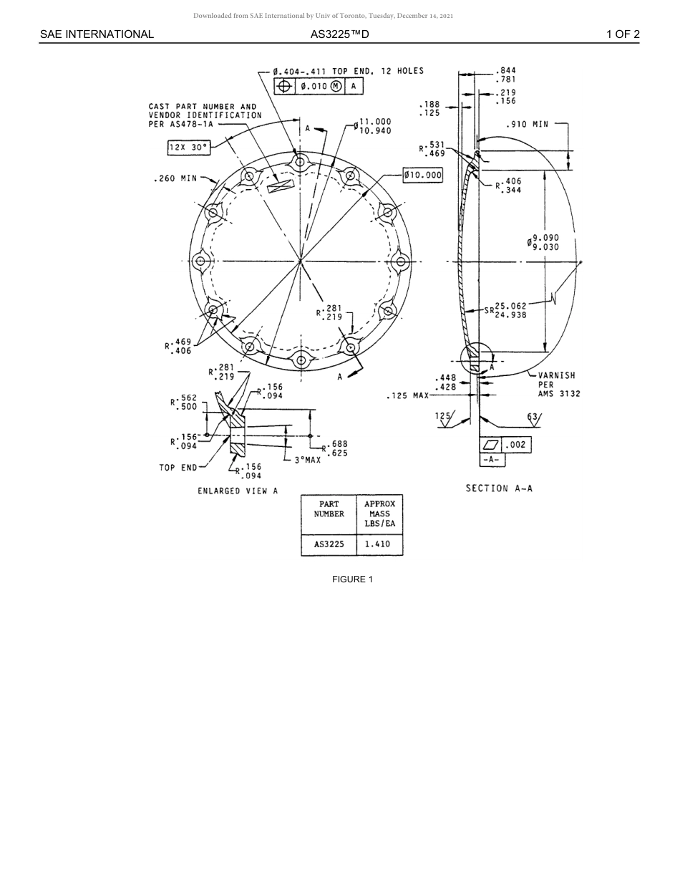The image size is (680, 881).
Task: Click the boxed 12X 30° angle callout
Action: pyautogui.click(x=189, y=148)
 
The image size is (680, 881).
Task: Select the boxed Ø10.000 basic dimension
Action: pyautogui.click(x=422, y=175)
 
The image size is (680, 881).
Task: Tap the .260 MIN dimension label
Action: pyautogui.click(x=175, y=178)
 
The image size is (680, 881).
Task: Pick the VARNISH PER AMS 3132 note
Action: pyautogui.click(x=556, y=385)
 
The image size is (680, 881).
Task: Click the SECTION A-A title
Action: pyautogui.click(x=499, y=488)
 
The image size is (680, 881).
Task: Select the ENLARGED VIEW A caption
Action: pyautogui.click(x=238, y=491)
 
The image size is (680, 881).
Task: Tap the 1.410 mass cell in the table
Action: pyautogui.click(x=377, y=544)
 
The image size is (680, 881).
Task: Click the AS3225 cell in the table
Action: pyautogui.click(x=329, y=544)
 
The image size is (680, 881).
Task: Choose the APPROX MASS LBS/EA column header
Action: pyautogui.click(x=379, y=514)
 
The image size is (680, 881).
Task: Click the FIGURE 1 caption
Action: pyautogui.click(x=352, y=579)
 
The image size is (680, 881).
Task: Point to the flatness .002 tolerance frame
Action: pyautogui.click(x=505, y=445)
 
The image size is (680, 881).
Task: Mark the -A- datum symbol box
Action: pyautogui.click(x=491, y=460)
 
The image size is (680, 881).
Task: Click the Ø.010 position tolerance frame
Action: pyautogui.click(x=319, y=86)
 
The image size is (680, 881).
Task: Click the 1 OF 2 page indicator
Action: pyautogui.click(x=623, y=34)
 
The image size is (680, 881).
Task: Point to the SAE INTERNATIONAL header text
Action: pyautogui.click(x=97, y=34)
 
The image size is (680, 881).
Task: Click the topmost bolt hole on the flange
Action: pyautogui.click(x=300, y=162)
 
